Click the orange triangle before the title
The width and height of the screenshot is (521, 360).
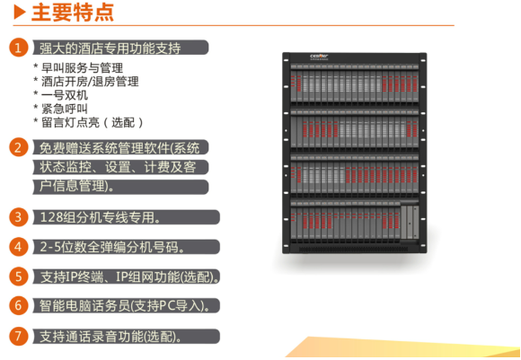tap(20, 12)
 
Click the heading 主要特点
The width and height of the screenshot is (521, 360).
tap(73, 13)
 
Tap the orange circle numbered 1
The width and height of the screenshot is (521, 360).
tap(18, 48)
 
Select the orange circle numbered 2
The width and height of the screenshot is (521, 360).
tap(18, 147)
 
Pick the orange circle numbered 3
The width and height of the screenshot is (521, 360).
tap(18, 217)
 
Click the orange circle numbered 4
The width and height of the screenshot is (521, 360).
tap(18, 247)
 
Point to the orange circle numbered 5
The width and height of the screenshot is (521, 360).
tap(18, 277)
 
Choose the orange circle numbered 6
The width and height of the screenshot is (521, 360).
tap(18, 305)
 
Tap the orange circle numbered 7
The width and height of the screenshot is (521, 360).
tap(18, 336)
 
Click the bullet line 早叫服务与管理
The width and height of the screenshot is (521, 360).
tap(78, 67)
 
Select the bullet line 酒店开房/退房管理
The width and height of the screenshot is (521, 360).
tap(86, 82)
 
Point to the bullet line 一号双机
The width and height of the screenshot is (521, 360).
tap(61, 95)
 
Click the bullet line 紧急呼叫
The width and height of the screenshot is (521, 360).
tap(61, 109)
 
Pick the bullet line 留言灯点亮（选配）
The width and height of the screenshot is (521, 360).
tap(88, 123)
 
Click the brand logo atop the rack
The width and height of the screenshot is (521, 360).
tap(319, 57)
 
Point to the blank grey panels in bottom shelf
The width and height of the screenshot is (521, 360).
tap(410, 222)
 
